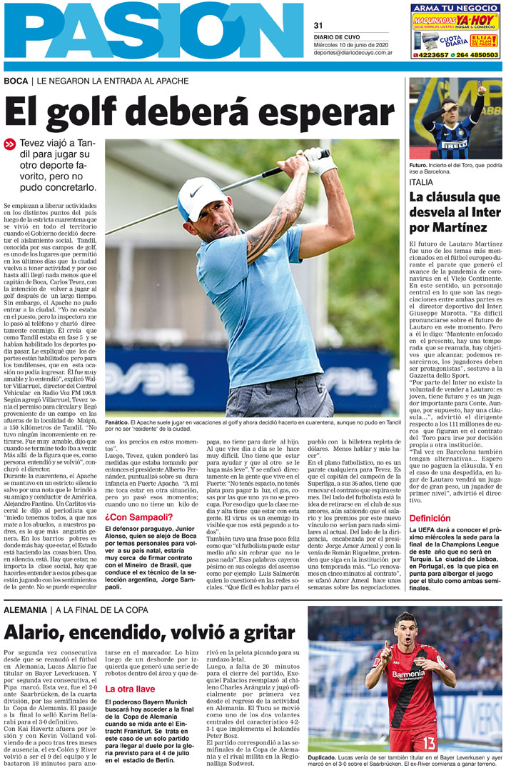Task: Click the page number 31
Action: tap(318, 26)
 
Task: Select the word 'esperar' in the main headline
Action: tap(328, 114)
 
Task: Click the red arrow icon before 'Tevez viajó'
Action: tap(10, 144)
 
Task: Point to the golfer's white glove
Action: tap(320, 161)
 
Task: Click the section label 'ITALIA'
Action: tap(421, 182)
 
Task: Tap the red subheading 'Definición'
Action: tap(430, 498)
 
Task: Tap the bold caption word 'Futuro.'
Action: tap(421, 165)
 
